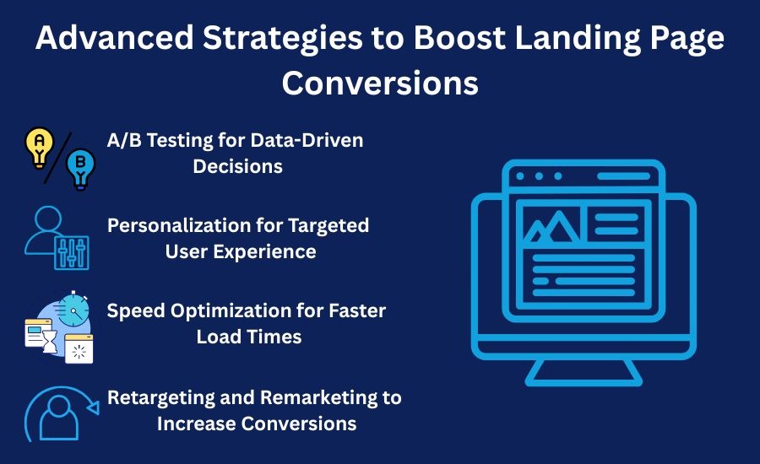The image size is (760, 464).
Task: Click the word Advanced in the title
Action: (115, 37)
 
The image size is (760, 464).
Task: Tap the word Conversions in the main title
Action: (380, 83)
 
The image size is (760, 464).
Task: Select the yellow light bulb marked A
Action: (39, 148)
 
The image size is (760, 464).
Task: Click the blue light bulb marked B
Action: (80, 169)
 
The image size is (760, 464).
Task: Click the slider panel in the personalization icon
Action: (72, 253)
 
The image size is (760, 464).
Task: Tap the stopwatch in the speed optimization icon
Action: (73, 310)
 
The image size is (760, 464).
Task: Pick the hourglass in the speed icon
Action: (50, 341)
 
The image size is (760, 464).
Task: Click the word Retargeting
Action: (161, 398)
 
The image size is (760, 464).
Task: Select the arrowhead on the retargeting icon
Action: (94, 407)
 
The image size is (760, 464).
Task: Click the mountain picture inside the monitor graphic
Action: (552, 226)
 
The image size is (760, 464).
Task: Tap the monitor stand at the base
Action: (584, 372)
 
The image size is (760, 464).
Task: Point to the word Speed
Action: (136, 311)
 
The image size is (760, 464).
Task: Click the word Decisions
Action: (237, 166)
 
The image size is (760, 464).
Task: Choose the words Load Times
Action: (249, 337)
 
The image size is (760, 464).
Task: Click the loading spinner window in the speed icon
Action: (79, 348)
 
